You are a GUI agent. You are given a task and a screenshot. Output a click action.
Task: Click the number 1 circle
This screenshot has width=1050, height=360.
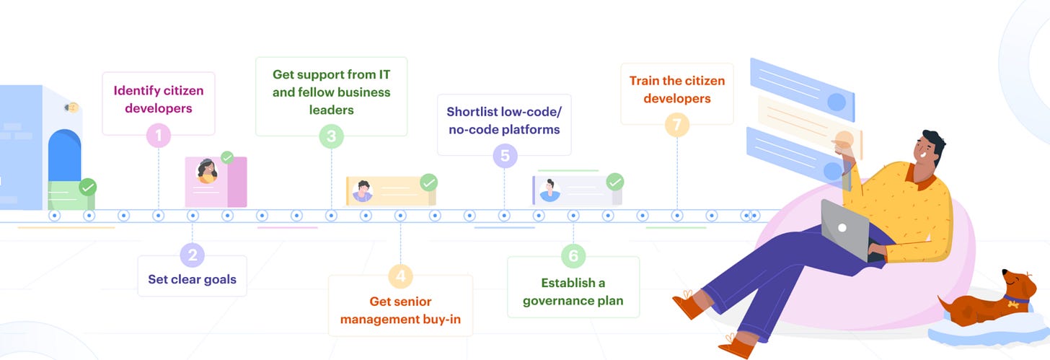[x=158, y=136]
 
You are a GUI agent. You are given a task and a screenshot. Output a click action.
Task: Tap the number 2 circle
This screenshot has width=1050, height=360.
[x=193, y=255]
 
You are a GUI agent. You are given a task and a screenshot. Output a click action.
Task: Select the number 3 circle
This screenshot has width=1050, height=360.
[x=331, y=136]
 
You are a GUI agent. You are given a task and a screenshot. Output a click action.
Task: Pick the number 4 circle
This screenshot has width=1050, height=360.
[x=400, y=276]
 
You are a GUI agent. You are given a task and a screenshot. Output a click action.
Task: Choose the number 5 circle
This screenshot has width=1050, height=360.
[x=505, y=156]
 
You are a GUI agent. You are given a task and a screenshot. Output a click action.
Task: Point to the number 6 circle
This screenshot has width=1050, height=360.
[x=573, y=255]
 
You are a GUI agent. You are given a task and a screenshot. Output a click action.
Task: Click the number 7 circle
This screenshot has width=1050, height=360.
[x=677, y=125]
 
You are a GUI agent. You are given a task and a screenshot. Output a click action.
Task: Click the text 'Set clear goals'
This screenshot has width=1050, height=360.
[x=193, y=279]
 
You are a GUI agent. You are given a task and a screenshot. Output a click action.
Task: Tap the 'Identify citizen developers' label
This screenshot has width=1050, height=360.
[x=159, y=100]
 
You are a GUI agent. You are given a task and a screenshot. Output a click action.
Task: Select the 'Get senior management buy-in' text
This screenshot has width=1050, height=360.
[x=400, y=310]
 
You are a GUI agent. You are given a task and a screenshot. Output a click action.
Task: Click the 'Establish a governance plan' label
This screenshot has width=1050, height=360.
[x=573, y=291]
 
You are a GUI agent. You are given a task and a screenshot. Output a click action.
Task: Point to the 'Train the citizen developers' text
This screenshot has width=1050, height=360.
[x=677, y=89]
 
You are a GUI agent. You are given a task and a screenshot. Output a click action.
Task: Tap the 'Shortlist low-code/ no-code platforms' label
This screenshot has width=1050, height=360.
[x=503, y=120]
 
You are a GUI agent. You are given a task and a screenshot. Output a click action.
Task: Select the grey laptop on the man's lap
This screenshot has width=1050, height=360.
[x=845, y=229]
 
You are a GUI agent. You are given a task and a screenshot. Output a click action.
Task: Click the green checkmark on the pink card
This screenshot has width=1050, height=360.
[x=227, y=157]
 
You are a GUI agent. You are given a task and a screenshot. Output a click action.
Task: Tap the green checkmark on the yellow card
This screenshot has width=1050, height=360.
[x=428, y=183]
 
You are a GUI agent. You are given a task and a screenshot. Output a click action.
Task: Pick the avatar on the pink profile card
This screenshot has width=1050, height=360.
[x=207, y=172]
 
